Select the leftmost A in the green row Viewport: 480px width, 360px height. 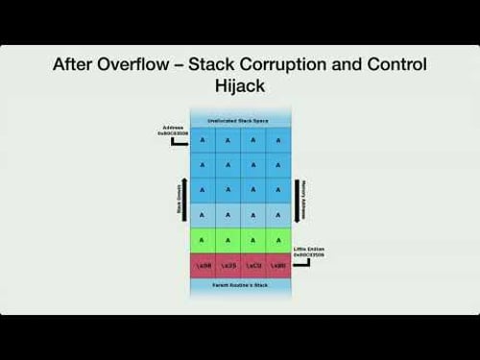click(203, 239)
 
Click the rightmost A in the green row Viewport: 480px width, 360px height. click(278, 239)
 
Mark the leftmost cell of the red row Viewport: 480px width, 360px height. click(203, 265)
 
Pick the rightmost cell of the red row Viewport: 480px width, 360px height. click(278, 265)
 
